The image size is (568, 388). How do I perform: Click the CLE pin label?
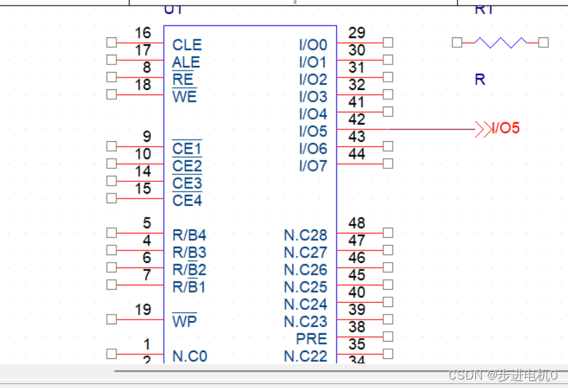(187, 45)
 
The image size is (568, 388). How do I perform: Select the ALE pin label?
(186, 62)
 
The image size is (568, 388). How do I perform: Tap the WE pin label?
(184, 97)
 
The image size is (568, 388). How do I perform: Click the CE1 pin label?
(187, 149)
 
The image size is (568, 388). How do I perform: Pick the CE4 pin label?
(187, 201)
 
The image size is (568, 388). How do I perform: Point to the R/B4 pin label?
(189, 235)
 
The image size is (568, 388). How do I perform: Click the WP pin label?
(184, 322)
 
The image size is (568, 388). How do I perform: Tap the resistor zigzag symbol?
(500, 43)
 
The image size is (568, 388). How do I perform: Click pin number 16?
(142, 33)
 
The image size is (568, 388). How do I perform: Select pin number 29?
(357, 33)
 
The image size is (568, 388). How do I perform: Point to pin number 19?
(142, 310)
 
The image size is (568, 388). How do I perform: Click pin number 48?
(357, 223)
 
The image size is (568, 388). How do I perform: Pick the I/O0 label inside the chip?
(313, 45)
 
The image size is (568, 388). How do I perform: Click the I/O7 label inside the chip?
(313, 166)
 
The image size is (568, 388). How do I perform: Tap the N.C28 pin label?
(305, 235)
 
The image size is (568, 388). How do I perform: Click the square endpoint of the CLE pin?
(111, 42)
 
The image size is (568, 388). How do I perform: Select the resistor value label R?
(480, 80)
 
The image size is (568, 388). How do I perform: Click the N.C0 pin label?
(189, 356)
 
